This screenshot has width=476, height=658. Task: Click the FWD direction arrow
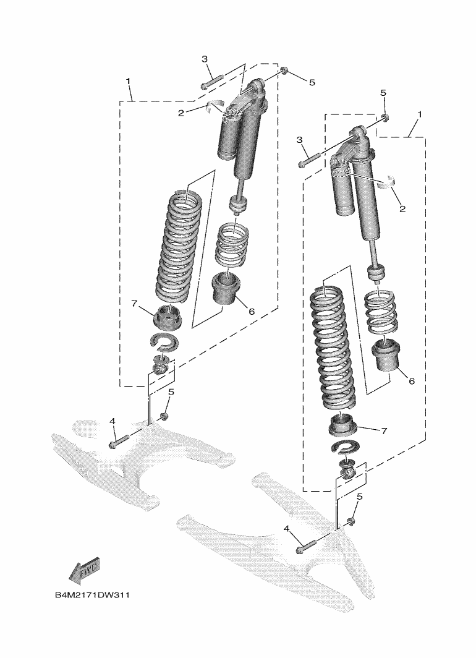click(84, 570)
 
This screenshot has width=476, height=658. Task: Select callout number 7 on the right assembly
click(384, 430)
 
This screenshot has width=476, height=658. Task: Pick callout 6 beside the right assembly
click(411, 382)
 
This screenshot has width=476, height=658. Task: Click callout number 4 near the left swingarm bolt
click(113, 421)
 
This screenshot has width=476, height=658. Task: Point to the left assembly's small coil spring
click(232, 245)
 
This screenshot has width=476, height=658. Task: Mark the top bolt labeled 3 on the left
click(211, 81)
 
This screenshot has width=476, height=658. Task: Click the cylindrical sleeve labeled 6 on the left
click(226, 288)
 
